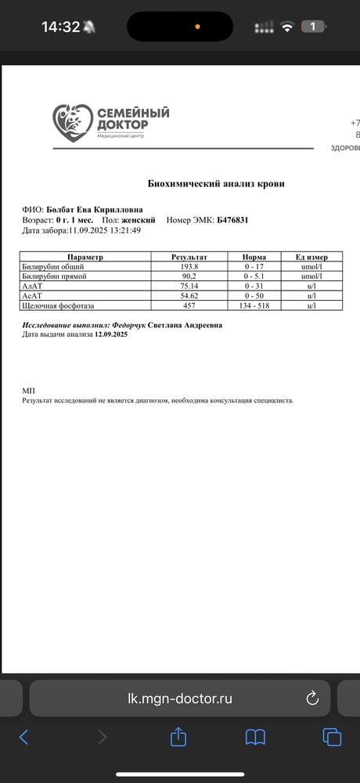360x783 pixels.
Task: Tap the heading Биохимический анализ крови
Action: (x=217, y=183)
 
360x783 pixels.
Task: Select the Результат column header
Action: (x=189, y=257)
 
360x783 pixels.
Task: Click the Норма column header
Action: (x=254, y=257)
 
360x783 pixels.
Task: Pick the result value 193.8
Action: (x=189, y=266)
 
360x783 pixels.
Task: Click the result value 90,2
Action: (x=189, y=276)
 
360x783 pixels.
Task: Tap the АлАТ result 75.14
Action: (x=189, y=286)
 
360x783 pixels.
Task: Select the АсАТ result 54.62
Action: (x=189, y=296)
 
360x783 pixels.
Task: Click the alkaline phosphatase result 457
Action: (x=189, y=305)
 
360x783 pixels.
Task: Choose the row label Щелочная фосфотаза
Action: (x=62, y=305)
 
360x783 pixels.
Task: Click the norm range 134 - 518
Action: (x=254, y=305)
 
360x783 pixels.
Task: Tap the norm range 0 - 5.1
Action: (x=254, y=276)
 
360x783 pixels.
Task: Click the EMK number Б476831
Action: (x=232, y=221)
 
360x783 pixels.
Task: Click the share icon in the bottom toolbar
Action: (x=178, y=737)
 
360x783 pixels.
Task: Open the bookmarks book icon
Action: (x=255, y=737)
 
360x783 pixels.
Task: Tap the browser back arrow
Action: (x=23, y=737)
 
